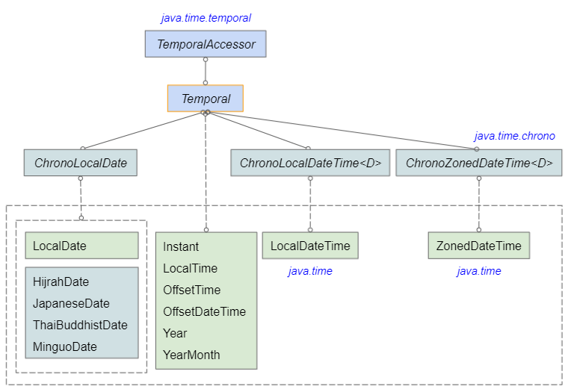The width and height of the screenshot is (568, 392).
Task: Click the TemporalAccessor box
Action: [206, 44]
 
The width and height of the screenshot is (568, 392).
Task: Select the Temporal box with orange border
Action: [206, 99]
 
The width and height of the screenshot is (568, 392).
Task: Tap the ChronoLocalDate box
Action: [81, 163]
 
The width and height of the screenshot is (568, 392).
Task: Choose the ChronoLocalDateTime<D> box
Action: [310, 163]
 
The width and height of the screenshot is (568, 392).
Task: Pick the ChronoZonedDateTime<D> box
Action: [479, 163]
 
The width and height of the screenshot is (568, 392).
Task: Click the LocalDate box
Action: [82, 246]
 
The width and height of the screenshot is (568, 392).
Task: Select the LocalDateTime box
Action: [310, 246]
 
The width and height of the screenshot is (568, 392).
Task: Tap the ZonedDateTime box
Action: [479, 246]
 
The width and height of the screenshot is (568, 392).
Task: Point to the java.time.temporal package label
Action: [206, 18]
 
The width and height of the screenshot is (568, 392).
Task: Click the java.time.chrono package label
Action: [514, 136]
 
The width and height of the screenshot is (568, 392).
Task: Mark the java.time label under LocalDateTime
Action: [310, 271]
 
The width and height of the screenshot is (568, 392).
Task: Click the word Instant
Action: [181, 246]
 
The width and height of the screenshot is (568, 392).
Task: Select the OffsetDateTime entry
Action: [204, 311]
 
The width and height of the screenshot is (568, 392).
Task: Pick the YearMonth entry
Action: [191, 355]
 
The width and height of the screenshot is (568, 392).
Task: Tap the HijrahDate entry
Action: [61, 282]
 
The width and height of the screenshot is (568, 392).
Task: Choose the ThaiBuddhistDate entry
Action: [80, 325]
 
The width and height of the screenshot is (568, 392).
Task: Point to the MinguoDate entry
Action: [65, 346]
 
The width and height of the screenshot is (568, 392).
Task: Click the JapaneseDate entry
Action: [71, 303]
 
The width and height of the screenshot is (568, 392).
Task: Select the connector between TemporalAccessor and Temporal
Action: [206, 71]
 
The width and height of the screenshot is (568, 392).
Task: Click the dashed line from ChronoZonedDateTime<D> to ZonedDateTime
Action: [479, 204]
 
